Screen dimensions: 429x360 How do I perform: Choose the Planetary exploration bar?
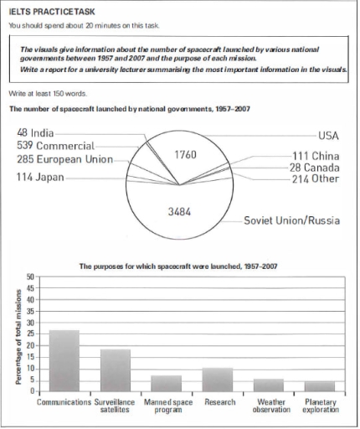(x=319, y=386)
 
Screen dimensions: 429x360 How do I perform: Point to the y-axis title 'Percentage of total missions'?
(x=18, y=333)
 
